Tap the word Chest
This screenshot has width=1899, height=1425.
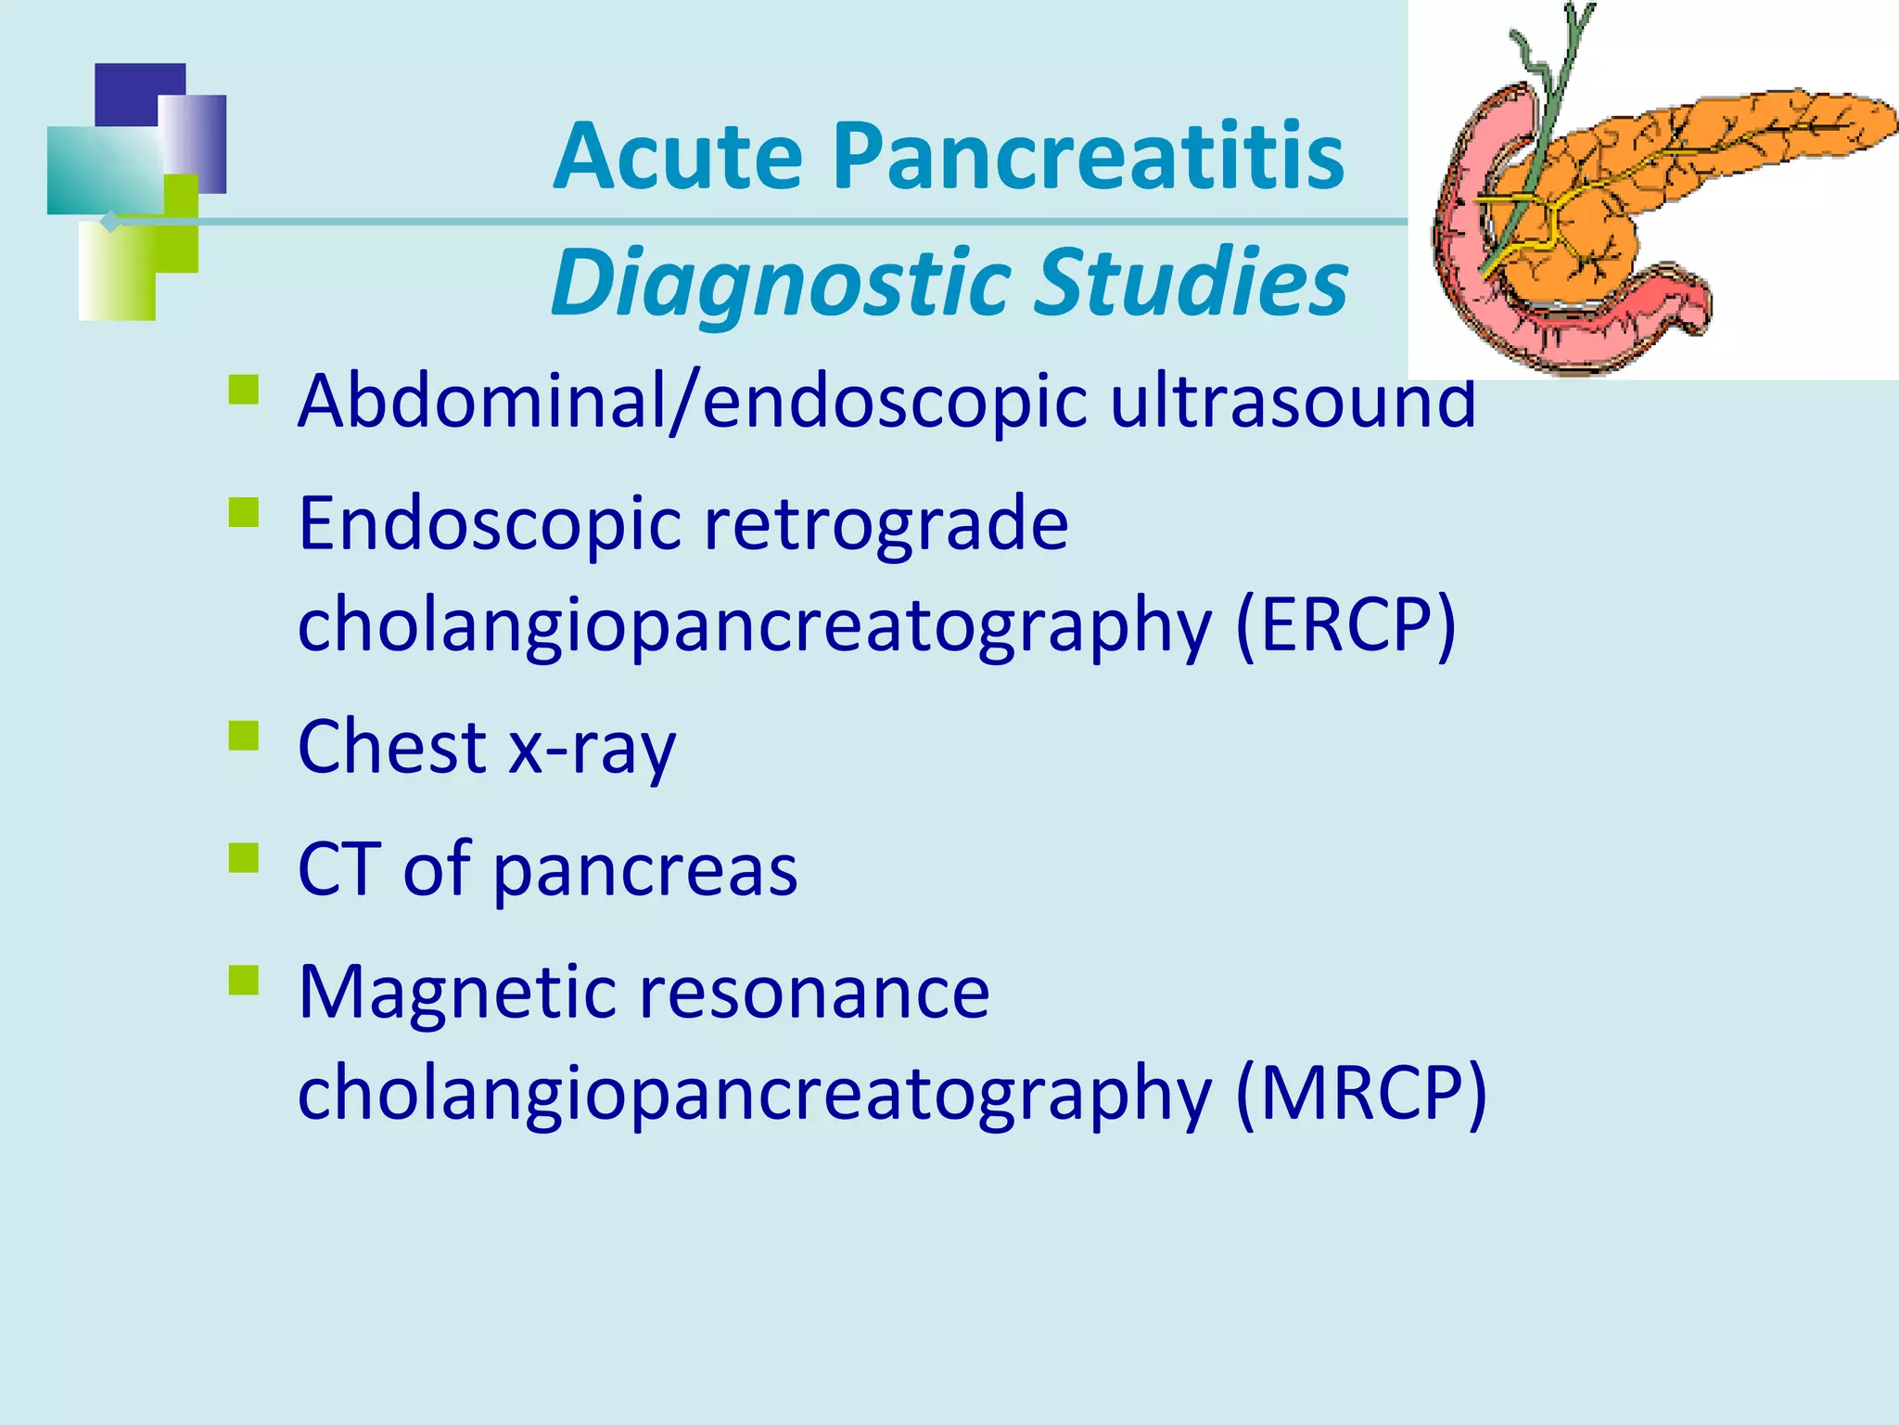pos(392,746)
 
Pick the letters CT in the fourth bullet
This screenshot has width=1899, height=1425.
pos(339,868)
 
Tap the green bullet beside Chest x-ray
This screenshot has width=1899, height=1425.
pos(244,735)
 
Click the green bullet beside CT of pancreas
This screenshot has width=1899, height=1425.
pos(244,857)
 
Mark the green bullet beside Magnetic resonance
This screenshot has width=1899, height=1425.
pos(244,980)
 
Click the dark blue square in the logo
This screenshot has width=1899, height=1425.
pos(130,93)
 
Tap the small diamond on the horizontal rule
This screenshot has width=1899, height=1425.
pos(110,222)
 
